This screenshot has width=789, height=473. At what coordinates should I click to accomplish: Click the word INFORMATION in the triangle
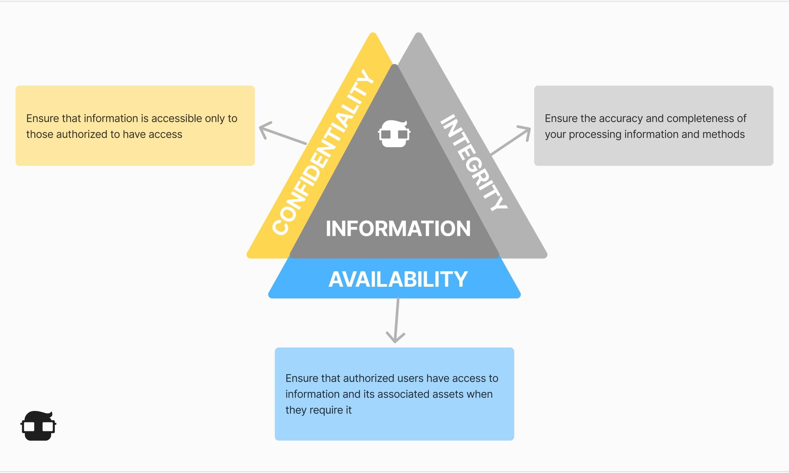(398, 229)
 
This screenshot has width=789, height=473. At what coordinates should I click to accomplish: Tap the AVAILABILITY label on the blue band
(398, 279)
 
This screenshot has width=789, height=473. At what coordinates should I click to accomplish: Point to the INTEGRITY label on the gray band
(474, 162)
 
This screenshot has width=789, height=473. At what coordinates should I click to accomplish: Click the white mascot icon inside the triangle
(394, 134)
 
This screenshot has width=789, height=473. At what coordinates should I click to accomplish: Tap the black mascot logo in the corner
(38, 426)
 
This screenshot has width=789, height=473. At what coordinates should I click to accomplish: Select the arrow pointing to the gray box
(511, 140)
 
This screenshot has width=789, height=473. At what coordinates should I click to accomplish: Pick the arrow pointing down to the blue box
(396, 321)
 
